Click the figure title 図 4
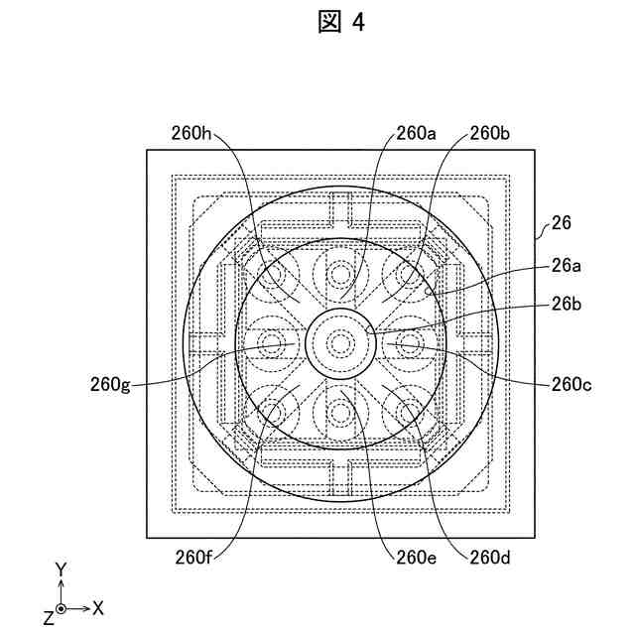coord(341,23)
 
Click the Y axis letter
coord(61,569)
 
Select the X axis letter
coord(99,606)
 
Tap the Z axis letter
coord(48,617)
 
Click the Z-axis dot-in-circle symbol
coord(62,607)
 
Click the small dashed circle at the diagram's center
coord(340,343)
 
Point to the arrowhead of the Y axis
coord(62,583)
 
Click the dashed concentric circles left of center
coord(270,343)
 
